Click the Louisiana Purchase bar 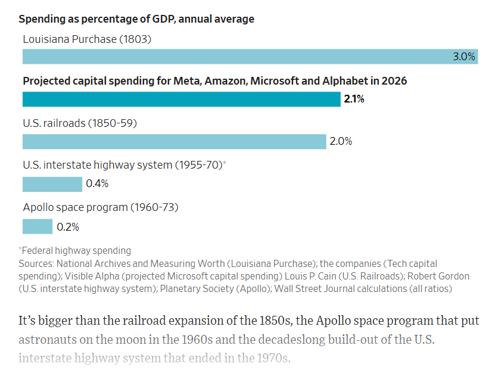click(238, 57)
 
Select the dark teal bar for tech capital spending click(181, 99)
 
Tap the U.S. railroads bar click(174, 142)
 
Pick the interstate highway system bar click(52, 184)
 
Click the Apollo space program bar click(38, 226)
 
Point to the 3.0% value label click(464, 57)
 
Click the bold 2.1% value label click(354, 99)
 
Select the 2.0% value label click(341, 142)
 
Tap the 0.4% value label click(97, 184)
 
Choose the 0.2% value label click(68, 227)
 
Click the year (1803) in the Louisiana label click(135, 39)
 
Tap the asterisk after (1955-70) click(225, 163)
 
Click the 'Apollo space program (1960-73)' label click(101, 207)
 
